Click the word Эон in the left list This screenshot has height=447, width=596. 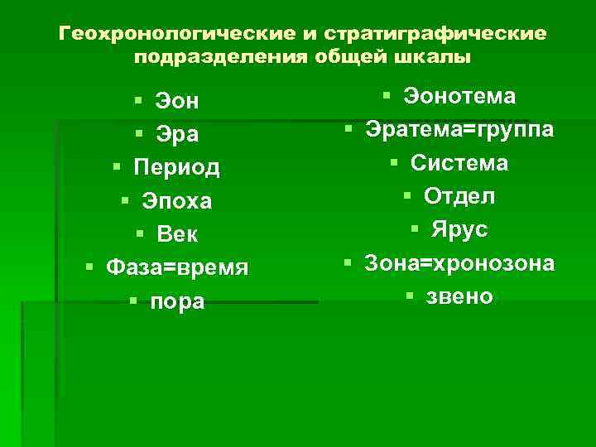click(x=178, y=101)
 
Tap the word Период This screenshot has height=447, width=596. click(x=177, y=168)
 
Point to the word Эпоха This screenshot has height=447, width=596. click(x=177, y=201)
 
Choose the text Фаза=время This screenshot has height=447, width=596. click(x=177, y=268)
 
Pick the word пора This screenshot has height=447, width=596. click(x=177, y=301)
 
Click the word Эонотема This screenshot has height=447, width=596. click(x=459, y=97)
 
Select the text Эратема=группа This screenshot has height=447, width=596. click(x=460, y=130)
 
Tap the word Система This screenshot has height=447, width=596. click(x=459, y=163)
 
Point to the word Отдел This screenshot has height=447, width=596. click(x=459, y=196)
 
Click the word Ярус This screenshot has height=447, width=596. click(x=459, y=229)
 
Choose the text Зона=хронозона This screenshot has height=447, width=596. click(x=460, y=262)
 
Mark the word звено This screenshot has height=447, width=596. click(x=459, y=296)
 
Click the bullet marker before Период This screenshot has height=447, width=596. click(x=118, y=168)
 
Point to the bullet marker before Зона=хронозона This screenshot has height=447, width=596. click(x=349, y=262)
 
